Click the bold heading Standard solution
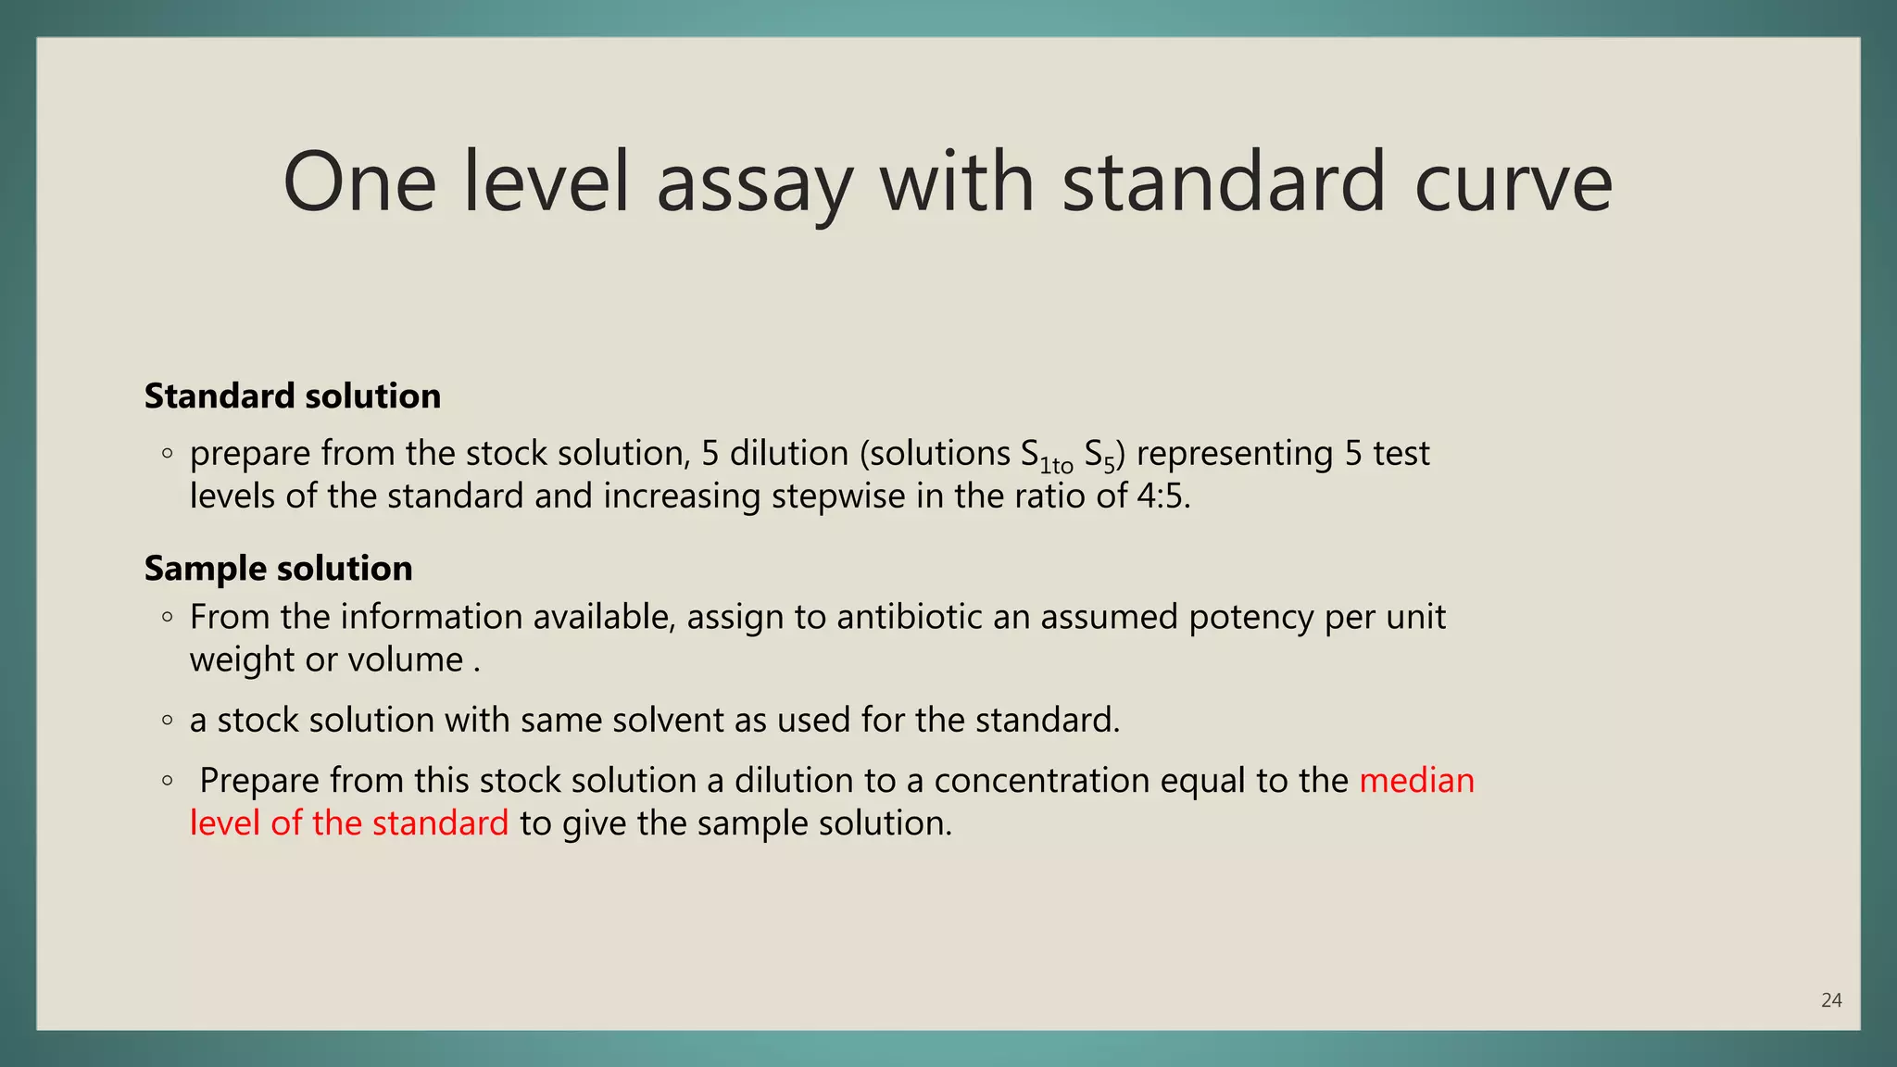[293, 396]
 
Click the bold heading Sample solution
[279, 569]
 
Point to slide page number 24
[1831, 1000]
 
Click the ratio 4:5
[1162, 496]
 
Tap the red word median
[1416, 781]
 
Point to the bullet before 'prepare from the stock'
[167, 454]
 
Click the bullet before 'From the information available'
[167, 617]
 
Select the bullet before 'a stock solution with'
[167, 720]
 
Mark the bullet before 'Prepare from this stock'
[167, 781]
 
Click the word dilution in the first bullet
[789, 454]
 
